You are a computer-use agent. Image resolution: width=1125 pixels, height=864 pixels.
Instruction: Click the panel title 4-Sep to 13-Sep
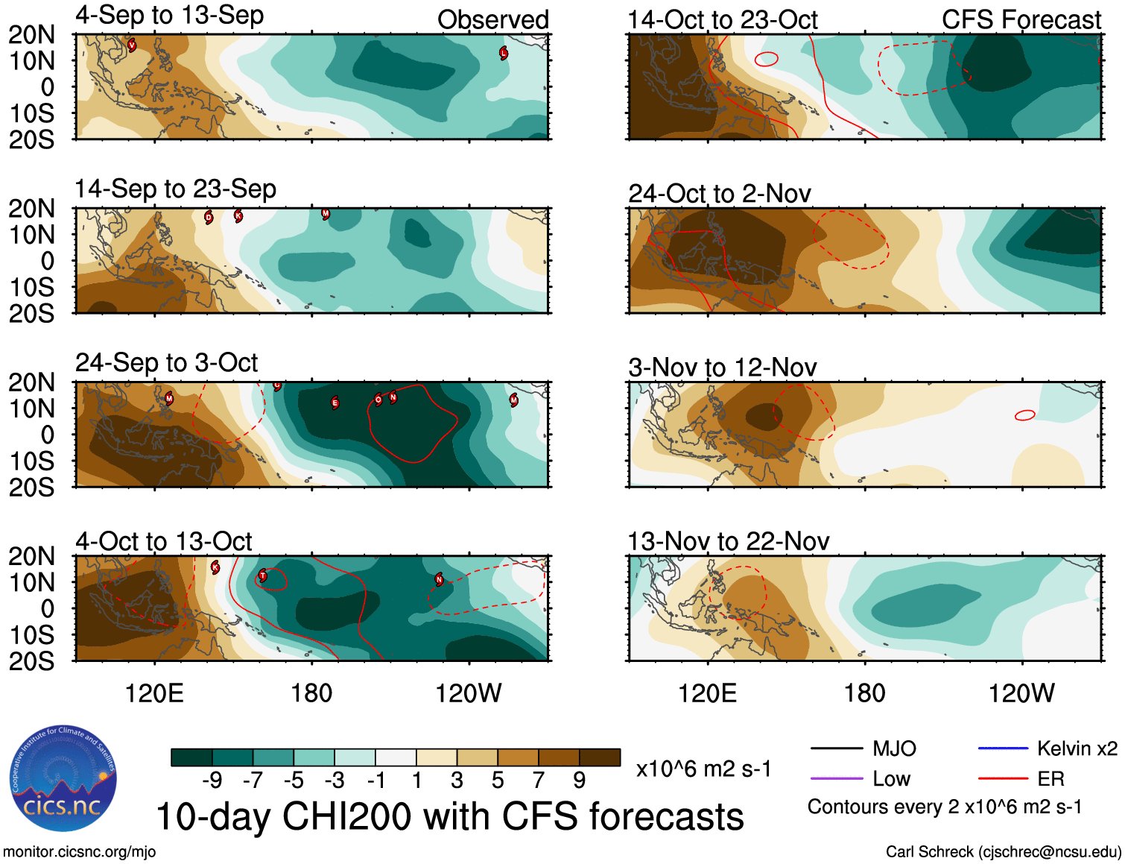point(169,16)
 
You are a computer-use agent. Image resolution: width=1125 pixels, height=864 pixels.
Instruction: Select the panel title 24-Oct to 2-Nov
point(719,194)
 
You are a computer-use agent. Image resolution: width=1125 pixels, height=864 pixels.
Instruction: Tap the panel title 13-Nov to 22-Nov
point(728,541)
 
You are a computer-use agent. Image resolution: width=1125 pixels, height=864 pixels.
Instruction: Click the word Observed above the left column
point(492,20)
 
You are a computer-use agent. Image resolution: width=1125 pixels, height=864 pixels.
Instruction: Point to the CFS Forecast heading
point(1021,20)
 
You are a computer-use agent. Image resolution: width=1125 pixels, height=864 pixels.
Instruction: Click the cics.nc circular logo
point(63,778)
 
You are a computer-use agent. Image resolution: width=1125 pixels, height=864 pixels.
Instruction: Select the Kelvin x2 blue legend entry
point(1048,748)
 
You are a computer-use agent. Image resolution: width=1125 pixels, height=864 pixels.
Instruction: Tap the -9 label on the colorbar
point(212,781)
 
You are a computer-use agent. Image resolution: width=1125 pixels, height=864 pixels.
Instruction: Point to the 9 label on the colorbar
point(580,781)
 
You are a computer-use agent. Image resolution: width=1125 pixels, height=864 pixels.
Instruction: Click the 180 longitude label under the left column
point(311,693)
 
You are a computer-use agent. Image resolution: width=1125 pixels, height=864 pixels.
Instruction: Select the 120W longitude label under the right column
point(1021,693)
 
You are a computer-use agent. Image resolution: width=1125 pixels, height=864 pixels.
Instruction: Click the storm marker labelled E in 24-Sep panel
point(335,403)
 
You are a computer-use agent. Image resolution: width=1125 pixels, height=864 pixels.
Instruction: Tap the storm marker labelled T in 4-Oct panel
point(262,576)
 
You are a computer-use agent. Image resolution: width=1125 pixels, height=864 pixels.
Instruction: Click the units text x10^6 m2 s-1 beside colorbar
point(703,769)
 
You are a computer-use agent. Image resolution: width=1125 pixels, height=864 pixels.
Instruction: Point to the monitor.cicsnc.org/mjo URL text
point(80,851)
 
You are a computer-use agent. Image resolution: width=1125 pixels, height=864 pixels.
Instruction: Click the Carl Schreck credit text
point(1003,851)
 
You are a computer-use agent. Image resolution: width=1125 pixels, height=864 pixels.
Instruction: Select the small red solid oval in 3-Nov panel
point(1025,415)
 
